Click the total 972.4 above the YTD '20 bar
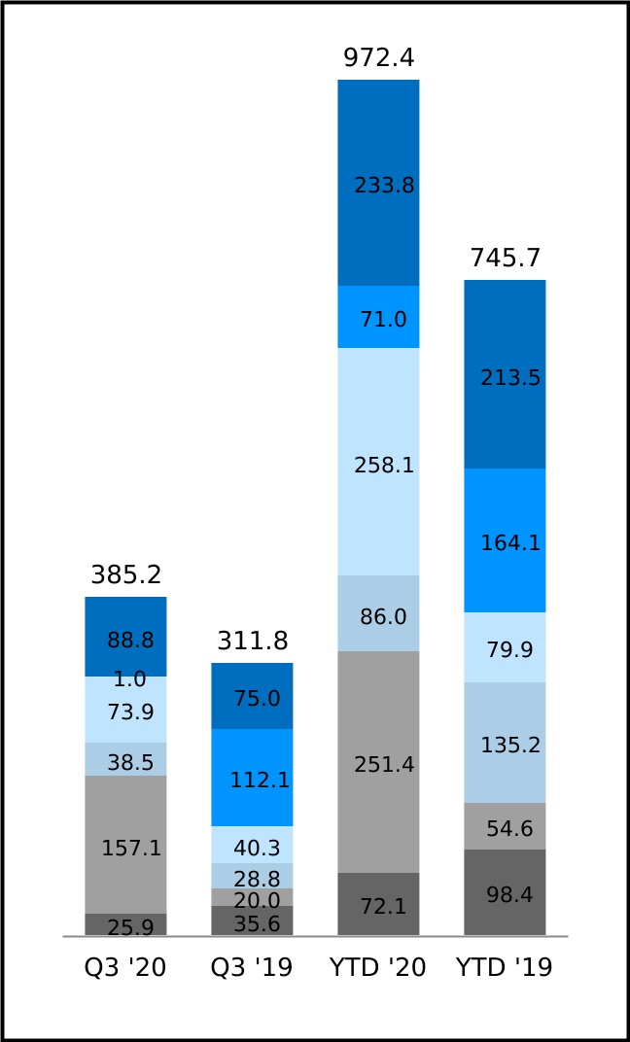pyautogui.click(x=378, y=58)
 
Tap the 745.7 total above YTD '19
pyautogui.click(x=505, y=259)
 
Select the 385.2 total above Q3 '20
pyautogui.click(x=125, y=575)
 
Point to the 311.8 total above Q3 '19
pyautogui.click(x=252, y=642)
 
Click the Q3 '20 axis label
pyautogui.click(x=125, y=968)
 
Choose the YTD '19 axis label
pyautogui.click(x=505, y=968)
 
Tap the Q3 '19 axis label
pyautogui.click(x=252, y=968)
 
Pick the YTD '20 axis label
pyautogui.click(x=378, y=968)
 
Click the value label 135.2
pyautogui.click(x=510, y=746)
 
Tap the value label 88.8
pyautogui.click(x=131, y=641)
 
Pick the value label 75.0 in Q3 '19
pyautogui.click(x=257, y=699)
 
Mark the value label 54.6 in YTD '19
pyautogui.click(x=509, y=829)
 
